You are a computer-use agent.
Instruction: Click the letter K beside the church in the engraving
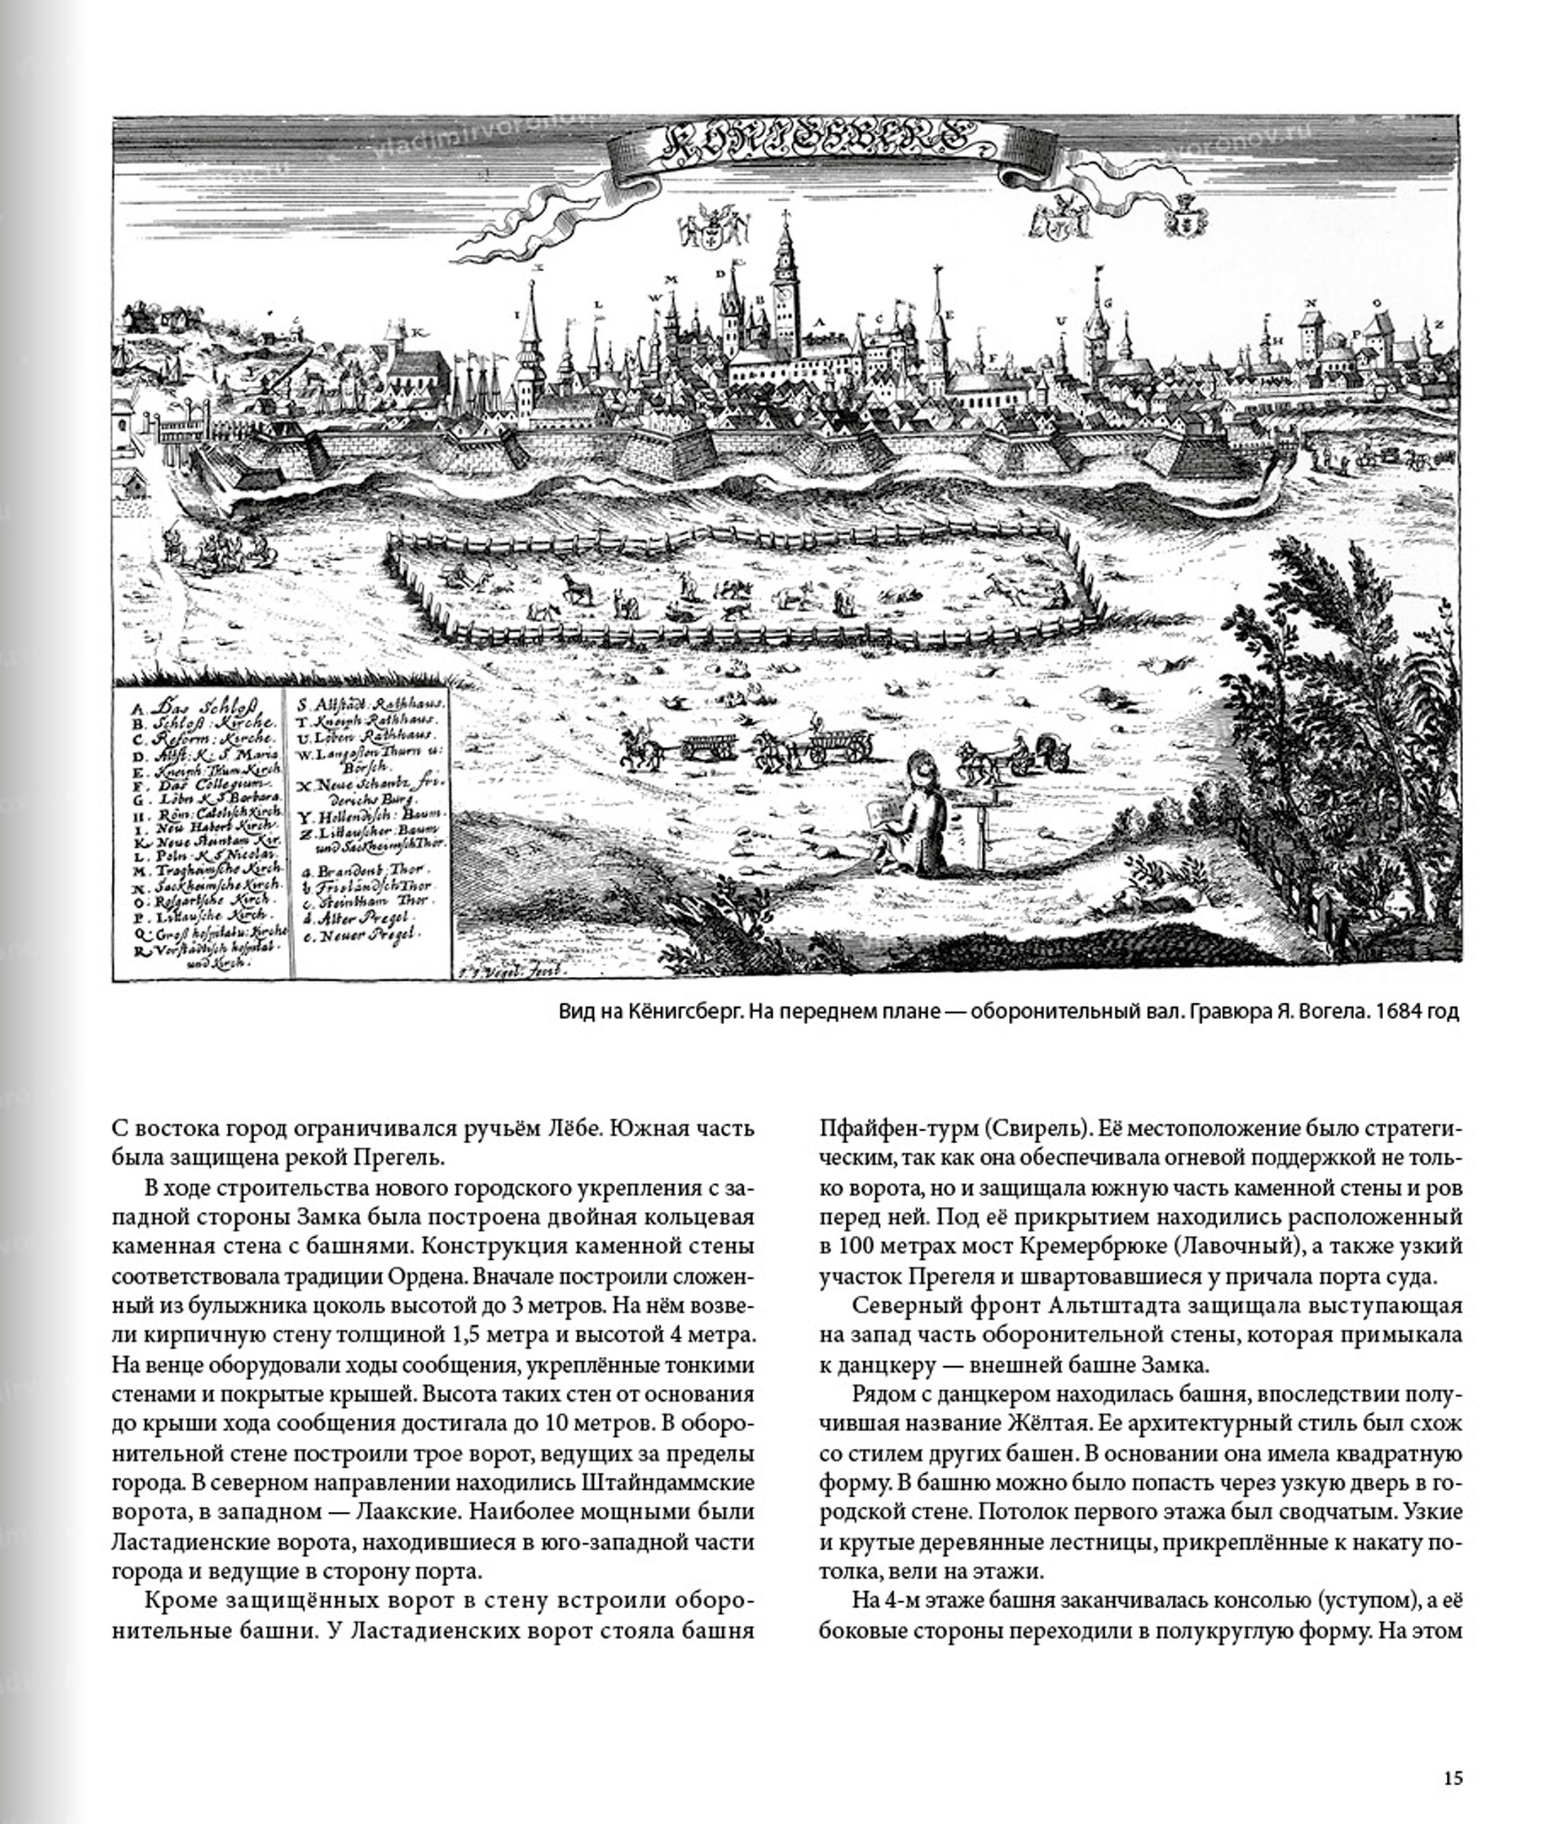[x=420, y=333]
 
